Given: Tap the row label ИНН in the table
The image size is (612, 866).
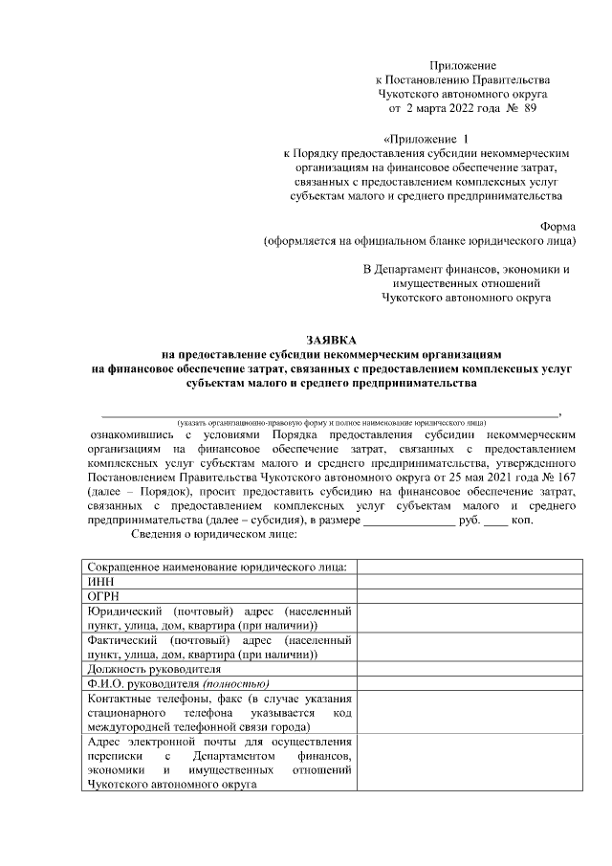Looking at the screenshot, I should point(99,581).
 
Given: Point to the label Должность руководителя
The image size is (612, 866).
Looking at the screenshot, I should point(153,669).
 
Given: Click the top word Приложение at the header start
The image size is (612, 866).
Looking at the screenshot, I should point(464,63).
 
